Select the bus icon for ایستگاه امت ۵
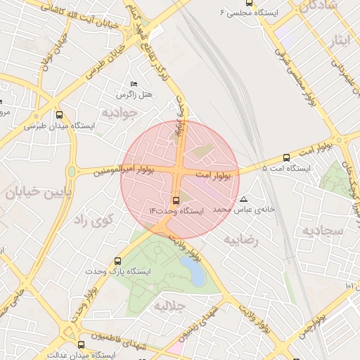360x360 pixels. click(286, 158)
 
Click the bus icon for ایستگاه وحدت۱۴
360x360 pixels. click(175, 200)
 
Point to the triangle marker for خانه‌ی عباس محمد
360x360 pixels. click(244, 199)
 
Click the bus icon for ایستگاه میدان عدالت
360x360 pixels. click(81, 345)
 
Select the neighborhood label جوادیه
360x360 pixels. click(116, 112)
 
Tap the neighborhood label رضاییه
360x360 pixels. click(241, 240)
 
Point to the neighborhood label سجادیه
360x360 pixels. click(323, 230)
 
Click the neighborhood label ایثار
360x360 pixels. click(339, 40)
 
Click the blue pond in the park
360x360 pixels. click(193, 271)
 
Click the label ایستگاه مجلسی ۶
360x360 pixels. click(249, 13)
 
